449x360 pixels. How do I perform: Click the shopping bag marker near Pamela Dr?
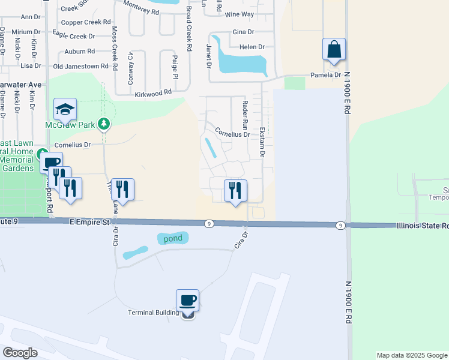click(334, 50)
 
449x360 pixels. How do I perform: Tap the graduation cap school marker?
click(65, 109)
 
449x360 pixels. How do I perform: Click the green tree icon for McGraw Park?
click(104, 124)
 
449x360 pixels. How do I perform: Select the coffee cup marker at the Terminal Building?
click(187, 301)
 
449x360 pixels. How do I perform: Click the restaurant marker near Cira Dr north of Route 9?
click(235, 190)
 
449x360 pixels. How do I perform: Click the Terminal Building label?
click(154, 313)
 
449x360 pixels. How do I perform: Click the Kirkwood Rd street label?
click(153, 92)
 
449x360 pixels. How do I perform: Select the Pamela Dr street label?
click(325, 75)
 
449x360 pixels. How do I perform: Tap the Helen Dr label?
click(252, 47)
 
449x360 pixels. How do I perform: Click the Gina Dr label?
click(243, 32)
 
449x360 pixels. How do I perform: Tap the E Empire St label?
click(88, 222)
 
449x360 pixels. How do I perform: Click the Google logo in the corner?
click(20, 353)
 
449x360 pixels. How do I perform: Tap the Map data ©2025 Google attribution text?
click(411, 355)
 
